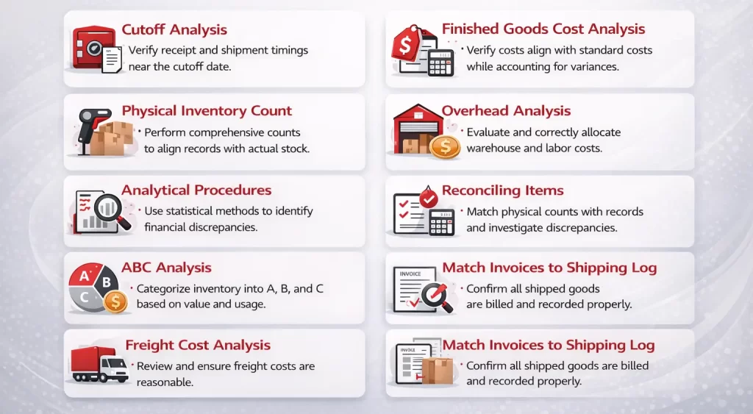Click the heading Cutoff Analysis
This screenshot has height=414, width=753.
[x=174, y=30]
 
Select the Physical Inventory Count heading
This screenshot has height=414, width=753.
[x=207, y=111]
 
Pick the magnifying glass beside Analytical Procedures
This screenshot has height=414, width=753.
[x=113, y=210]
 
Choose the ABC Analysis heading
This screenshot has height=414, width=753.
[x=166, y=268]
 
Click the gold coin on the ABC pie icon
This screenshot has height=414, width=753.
[x=115, y=301]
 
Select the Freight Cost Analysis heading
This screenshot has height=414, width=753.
[x=198, y=345]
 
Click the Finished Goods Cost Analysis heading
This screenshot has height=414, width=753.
[x=543, y=29]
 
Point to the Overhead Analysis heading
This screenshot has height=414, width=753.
[x=506, y=111]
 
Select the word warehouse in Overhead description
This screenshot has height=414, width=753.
[x=494, y=148]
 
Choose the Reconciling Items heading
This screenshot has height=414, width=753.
[x=502, y=190]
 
